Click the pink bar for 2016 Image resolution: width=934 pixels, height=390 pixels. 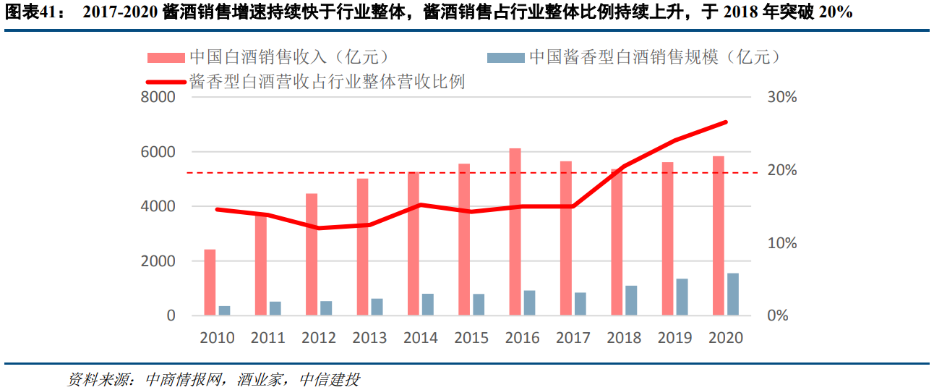(x=515, y=232)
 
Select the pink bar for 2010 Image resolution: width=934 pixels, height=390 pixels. (x=210, y=282)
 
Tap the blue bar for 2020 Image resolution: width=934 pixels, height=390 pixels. (x=733, y=294)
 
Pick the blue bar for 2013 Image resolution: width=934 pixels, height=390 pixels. (x=377, y=307)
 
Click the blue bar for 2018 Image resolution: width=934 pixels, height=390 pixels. (x=631, y=300)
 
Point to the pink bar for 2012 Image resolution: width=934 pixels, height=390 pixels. (x=312, y=254)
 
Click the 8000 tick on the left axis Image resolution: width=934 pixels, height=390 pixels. (x=161, y=98)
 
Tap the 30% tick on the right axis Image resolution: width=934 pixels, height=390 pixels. (x=781, y=98)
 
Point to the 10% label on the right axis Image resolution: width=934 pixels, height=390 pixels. (x=781, y=243)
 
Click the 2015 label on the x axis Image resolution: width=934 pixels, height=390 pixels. (x=471, y=338)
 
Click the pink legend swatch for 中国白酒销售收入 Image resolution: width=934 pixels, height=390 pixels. (x=166, y=58)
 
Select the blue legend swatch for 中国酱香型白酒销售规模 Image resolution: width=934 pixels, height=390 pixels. (x=505, y=58)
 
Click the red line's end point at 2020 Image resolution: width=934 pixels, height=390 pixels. (x=726, y=122)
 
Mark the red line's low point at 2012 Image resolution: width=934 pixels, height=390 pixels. (x=319, y=228)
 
